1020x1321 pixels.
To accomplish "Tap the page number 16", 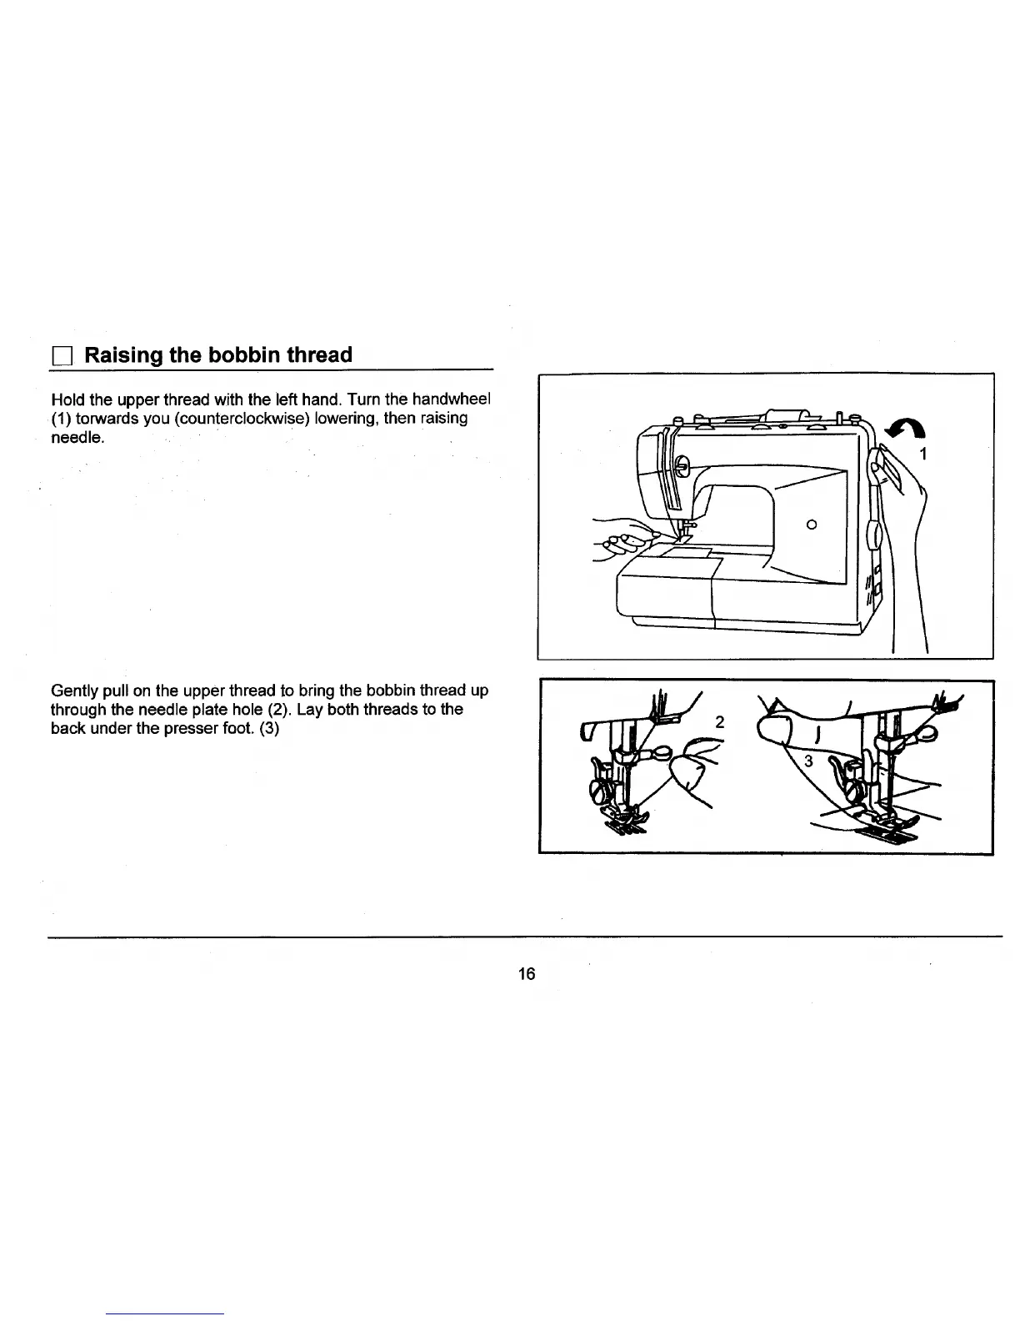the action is pyautogui.click(x=526, y=973).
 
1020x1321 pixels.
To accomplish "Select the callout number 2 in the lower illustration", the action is pyautogui.click(x=721, y=722).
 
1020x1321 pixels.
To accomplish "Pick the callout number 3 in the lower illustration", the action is pyautogui.click(x=807, y=761).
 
